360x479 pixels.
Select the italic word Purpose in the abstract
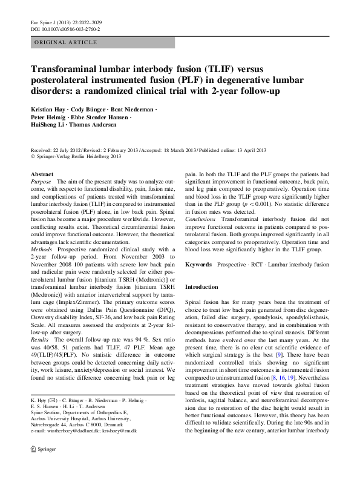click(x=41, y=182)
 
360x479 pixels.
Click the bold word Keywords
click(x=198, y=265)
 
